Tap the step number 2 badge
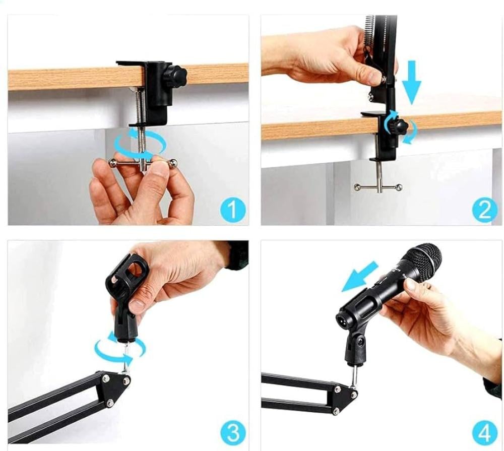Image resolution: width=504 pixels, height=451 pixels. coord(485,209)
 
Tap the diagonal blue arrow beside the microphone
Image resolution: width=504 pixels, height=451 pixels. coord(359,277)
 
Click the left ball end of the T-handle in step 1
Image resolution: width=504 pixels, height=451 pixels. coord(112,162)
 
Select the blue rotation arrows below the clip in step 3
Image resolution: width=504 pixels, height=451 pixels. coord(119,349)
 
